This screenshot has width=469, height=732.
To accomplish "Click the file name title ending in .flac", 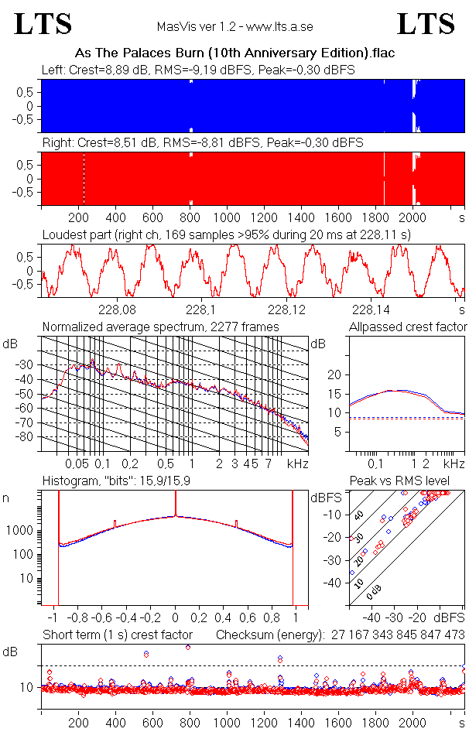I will click(234, 54).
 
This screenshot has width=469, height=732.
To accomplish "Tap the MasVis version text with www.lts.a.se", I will click(234, 27).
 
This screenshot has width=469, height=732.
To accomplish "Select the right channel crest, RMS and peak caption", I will click(203, 143).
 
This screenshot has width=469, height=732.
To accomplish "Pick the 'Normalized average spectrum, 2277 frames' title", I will click(160, 327).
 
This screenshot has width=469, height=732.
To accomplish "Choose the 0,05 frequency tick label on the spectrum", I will click(77, 463).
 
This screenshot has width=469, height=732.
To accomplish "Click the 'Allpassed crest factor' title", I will click(408, 327).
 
